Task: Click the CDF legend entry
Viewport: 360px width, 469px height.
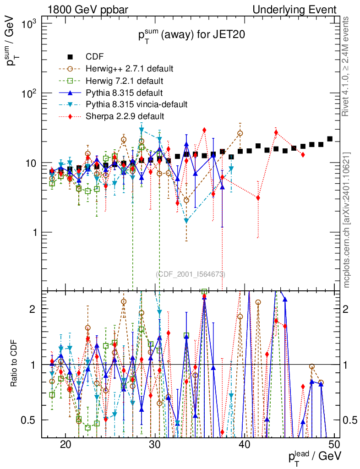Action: (95, 57)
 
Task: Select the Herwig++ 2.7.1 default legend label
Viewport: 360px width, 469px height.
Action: (129, 69)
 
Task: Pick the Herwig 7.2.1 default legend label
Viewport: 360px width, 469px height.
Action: (124, 81)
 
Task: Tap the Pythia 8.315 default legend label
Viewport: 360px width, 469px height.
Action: (124, 93)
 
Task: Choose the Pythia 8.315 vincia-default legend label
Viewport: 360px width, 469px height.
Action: (136, 104)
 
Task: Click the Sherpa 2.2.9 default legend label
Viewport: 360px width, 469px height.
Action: (125, 116)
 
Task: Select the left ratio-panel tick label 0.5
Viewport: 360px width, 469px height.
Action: (30, 420)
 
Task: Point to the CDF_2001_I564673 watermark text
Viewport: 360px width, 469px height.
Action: (191, 274)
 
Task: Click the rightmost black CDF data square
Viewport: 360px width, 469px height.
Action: (330, 139)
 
